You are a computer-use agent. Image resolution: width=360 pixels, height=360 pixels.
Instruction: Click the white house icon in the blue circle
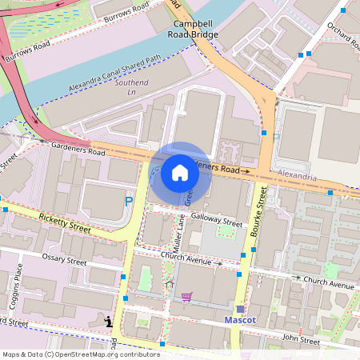coord(180,173)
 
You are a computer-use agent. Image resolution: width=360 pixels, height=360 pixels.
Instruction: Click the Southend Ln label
coord(132,87)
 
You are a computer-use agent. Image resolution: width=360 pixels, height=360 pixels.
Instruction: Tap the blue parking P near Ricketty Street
coord(129,201)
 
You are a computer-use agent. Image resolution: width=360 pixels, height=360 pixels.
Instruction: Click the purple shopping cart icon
coord(186,297)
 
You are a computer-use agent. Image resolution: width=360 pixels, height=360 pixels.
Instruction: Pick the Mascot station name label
coord(239,321)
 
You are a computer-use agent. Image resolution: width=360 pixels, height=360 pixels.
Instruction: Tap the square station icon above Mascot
coord(239,309)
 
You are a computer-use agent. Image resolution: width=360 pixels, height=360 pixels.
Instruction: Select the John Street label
coord(302,341)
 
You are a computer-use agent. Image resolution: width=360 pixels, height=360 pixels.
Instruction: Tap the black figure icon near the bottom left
coord(109,321)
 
